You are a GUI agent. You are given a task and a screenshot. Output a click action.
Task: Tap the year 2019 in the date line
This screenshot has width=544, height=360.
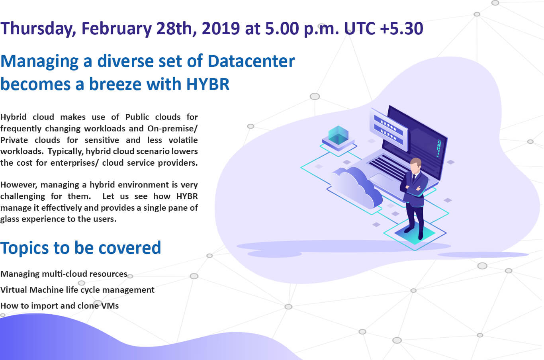coord(221,28)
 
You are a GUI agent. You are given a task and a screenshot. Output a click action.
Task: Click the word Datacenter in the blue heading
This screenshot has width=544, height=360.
coord(251,61)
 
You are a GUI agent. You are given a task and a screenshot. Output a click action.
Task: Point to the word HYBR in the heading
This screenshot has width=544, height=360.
coord(208,84)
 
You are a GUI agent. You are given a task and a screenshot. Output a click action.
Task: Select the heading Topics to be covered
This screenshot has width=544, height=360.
coord(80,248)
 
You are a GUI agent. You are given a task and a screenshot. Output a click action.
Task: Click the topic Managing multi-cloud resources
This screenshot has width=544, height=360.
coord(64,274)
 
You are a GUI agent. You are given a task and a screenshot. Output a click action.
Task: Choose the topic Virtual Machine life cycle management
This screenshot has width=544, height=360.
coord(77,290)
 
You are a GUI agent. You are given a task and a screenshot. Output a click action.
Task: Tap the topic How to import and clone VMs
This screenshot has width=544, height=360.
coord(59,306)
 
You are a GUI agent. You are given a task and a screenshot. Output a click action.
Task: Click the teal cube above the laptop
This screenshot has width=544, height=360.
coord(338,136)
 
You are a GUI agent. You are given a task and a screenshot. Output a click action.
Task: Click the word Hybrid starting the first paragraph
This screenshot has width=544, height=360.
coord(13,117)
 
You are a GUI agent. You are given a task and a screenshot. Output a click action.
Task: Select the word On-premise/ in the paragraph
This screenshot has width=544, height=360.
coord(172,129)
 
